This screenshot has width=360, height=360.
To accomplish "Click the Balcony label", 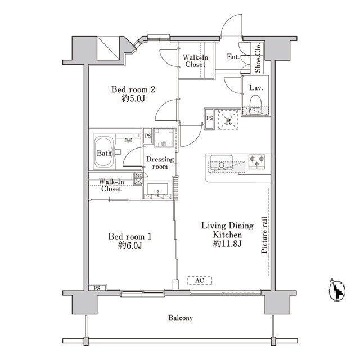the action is pos(180,318).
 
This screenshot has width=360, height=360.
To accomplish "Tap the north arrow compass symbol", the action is pos(337,290).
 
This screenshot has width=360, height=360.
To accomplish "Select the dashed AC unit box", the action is pos(199,280).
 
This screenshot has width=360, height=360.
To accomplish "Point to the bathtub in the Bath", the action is pos(103,151).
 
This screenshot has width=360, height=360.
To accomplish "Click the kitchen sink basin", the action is pos(222,162).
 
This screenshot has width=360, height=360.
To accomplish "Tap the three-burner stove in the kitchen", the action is pos(257,161).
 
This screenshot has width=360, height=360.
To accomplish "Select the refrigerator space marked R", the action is pos(228,120).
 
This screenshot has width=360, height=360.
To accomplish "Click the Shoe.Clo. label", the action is pos(258,57).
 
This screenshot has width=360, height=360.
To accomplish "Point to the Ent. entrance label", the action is pos(233,56).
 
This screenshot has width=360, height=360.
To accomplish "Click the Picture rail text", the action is pos(264,235).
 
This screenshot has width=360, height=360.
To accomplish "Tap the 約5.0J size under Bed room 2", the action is pos(133,98).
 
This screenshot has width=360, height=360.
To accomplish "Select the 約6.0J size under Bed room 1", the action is pos(130,246).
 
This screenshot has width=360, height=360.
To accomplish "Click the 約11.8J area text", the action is pos(227,244).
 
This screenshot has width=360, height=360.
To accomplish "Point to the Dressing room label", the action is pos(160,163).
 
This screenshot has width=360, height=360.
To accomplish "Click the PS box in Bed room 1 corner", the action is pos(97,288).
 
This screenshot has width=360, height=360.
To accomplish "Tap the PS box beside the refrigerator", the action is pos(209,119).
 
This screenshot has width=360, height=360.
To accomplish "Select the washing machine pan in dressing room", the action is pos(164,138).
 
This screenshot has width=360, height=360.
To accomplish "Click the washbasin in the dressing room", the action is pos(157,190).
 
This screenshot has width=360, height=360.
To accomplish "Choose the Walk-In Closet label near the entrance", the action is pos(195,61).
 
